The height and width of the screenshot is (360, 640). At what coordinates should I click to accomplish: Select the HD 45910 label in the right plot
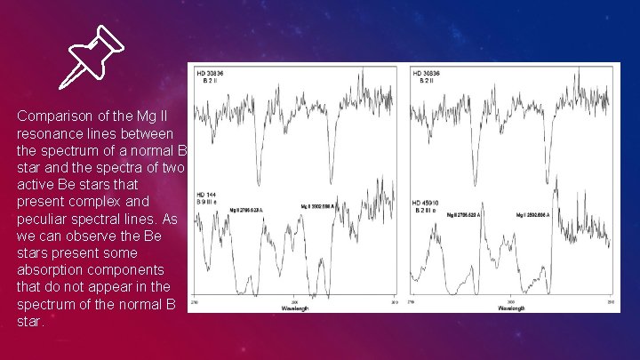tap(425, 202)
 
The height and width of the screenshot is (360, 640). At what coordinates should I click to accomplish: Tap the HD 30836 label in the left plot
tap(209, 72)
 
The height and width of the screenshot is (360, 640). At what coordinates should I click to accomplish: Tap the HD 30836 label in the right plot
tap(427, 72)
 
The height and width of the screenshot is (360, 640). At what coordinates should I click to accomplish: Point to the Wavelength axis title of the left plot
tap(294, 308)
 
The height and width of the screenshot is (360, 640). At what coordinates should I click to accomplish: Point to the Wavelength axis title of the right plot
tap(511, 308)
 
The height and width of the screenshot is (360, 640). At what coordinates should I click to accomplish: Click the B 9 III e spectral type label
tap(207, 202)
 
